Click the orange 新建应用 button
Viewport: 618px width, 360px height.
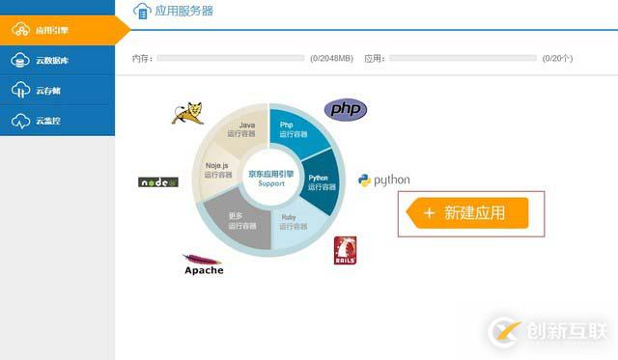[465, 213]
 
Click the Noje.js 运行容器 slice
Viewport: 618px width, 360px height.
[218, 170]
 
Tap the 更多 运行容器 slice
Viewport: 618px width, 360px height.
[241, 220]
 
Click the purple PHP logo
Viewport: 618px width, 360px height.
[345, 109]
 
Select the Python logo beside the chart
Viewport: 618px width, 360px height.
[383, 180]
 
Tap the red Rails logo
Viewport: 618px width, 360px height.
[346, 251]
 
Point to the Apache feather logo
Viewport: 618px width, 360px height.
[203, 263]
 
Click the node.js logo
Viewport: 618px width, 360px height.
[157, 181]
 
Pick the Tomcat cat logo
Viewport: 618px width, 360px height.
[188, 111]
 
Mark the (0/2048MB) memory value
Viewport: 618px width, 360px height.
[331, 58]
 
